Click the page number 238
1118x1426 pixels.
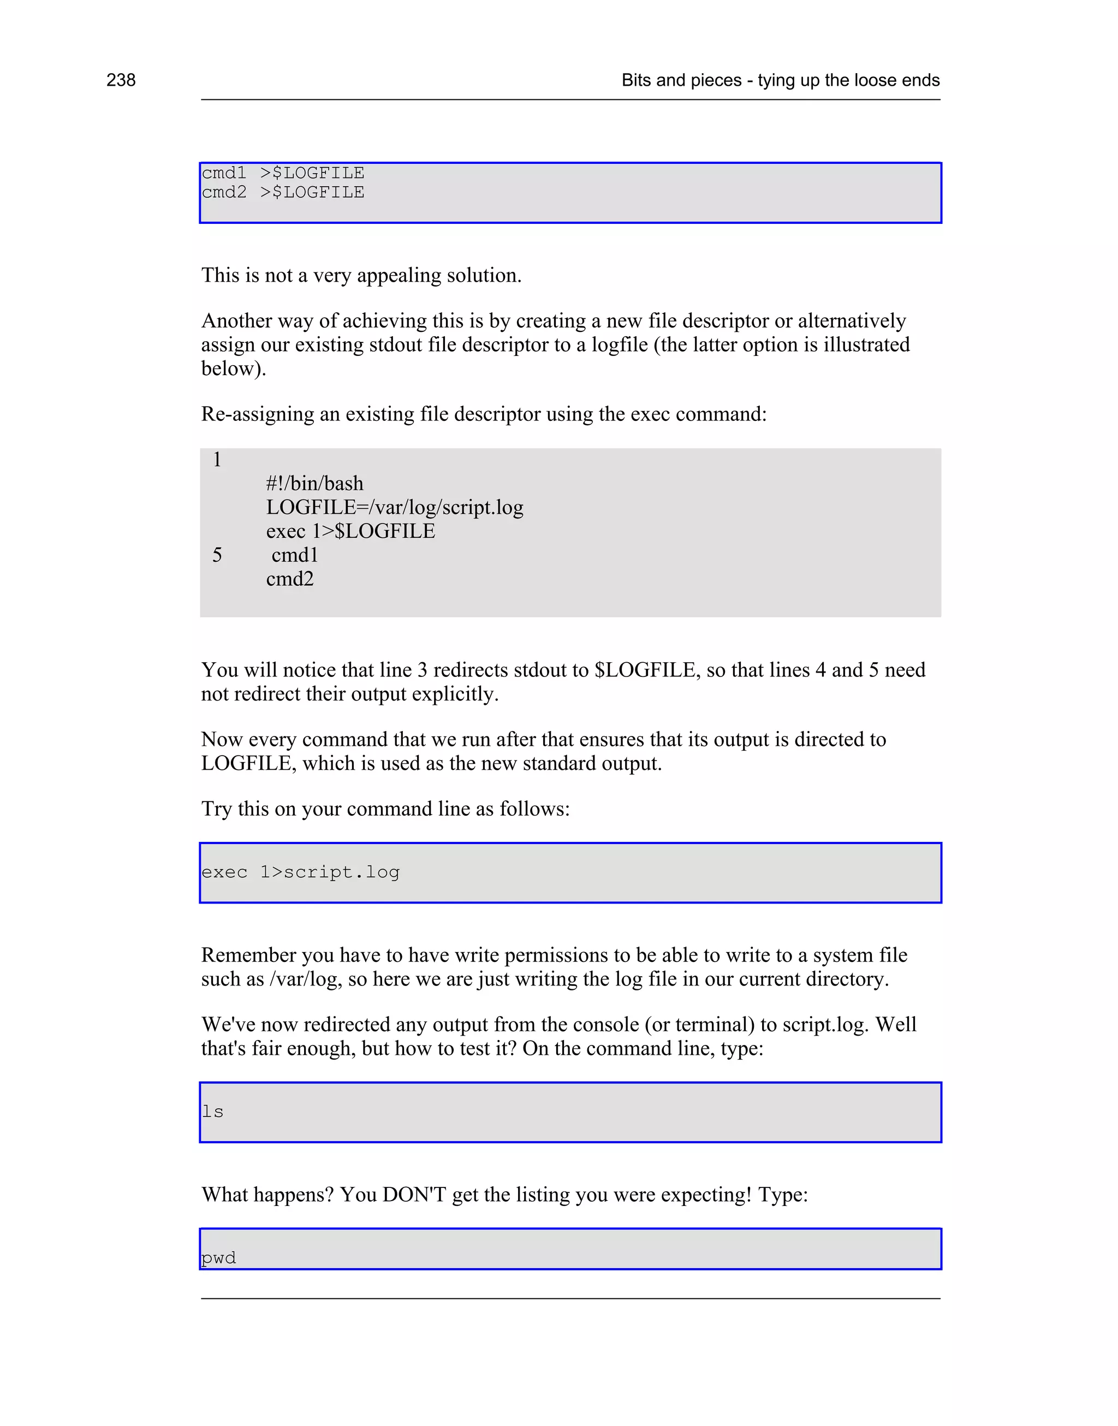pos(121,80)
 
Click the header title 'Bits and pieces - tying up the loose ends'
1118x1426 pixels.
pos(780,80)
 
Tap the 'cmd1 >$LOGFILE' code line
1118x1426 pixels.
pos(283,173)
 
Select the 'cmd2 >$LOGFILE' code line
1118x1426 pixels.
pos(283,192)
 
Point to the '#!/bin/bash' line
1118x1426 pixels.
pos(314,484)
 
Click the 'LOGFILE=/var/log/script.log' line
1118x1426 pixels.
pos(395,508)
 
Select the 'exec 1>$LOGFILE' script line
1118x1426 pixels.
pos(350,531)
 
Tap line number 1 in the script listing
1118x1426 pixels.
pos(217,460)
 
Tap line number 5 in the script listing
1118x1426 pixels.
pos(217,556)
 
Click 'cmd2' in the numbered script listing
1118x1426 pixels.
pos(290,579)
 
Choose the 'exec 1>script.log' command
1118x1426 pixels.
pos(300,872)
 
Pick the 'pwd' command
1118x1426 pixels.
pos(218,1258)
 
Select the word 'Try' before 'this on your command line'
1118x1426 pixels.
pos(217,809)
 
